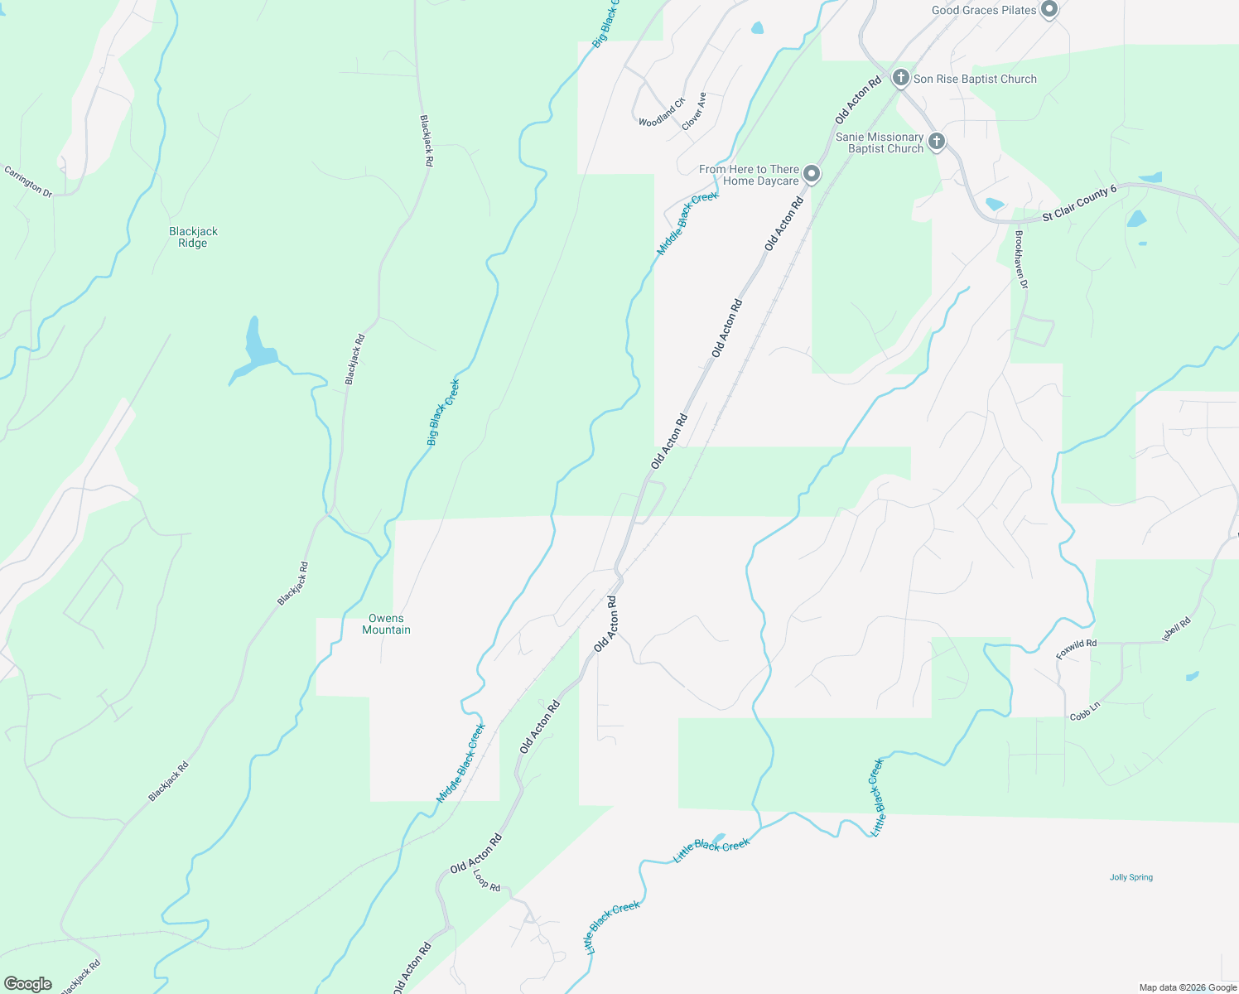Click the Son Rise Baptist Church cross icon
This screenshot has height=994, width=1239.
(x=901, y=79)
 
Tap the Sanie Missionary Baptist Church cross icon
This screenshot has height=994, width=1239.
(x=937, y=142)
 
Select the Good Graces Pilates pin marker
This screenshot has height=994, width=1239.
(x=1049, y=10)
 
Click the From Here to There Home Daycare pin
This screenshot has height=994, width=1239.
(x=812, y=174)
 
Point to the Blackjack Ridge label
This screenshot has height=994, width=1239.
(x=193, y=238)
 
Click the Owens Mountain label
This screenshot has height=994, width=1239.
(x=386, y=625)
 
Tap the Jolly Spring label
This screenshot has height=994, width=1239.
(x=1131, y=877)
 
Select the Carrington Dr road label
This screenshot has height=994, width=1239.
(x=28, y=181)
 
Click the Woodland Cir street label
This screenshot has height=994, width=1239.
(x=662, y=112)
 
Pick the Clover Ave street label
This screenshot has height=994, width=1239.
(x=694, y=111)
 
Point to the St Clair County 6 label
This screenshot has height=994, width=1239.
(x=1079, y=203)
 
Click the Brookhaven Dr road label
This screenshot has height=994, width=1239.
(x=1021, y=259)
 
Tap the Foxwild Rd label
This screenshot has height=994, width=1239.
(x=1076, y=649)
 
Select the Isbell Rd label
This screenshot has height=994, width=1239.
(x=1176, y=629)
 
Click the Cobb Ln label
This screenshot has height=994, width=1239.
(x=1085, y=711)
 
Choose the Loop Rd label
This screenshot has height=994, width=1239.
(x=486, y=881)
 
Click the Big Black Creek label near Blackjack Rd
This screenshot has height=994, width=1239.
(x=443, y=413)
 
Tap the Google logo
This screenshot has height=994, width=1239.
(x=27, y=984)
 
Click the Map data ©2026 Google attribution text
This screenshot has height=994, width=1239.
(x=1188, y=987)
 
